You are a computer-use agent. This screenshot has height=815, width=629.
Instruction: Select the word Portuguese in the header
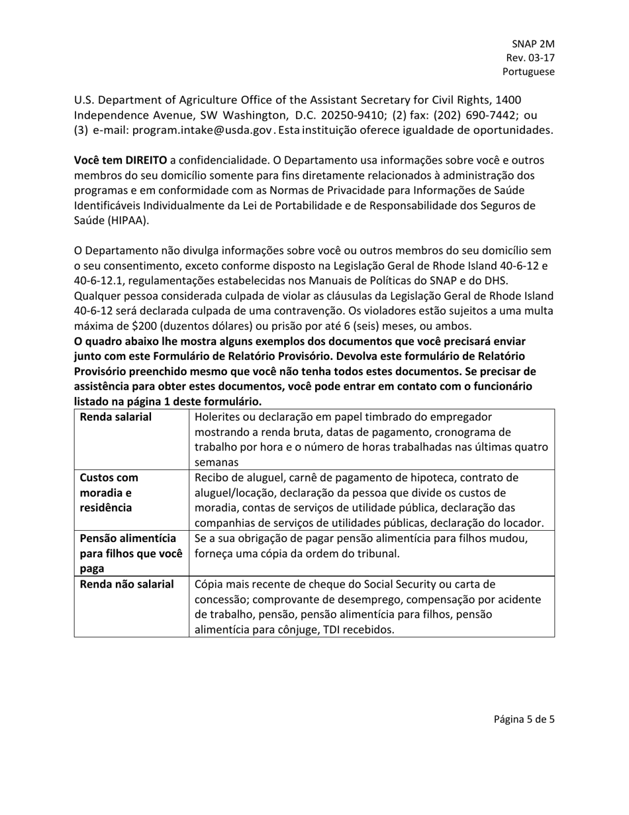pyautogui.click(x=528, y=72)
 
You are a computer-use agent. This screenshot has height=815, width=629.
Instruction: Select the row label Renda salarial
pyautogui.click(x=115, y=417)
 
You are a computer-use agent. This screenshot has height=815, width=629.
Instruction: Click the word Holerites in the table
pyautogui.click(x=218, y=417)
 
